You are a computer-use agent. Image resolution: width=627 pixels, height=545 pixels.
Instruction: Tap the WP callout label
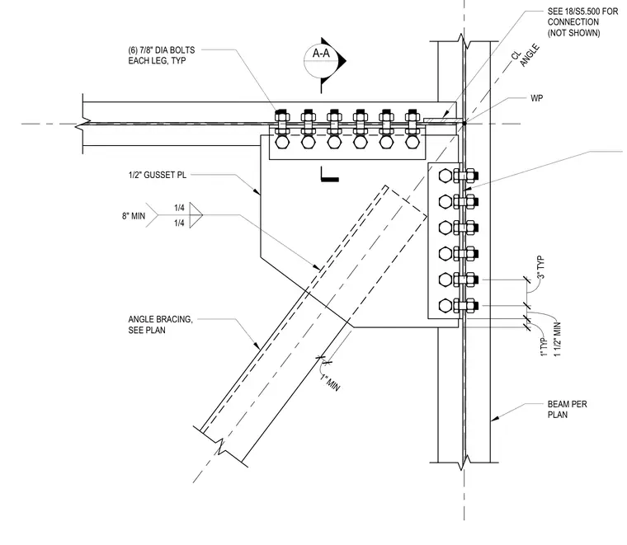point(536,98)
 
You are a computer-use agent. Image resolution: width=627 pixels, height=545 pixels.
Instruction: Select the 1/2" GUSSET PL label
point(157,175)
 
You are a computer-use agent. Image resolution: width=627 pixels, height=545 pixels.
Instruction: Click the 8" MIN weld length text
point(134,216)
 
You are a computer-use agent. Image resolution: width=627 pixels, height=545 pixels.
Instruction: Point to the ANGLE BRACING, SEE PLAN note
point(160,324)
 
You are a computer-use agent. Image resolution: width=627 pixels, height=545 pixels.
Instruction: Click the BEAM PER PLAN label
point(567,409)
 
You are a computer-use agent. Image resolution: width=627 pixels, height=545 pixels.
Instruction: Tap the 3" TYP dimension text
point(541,268)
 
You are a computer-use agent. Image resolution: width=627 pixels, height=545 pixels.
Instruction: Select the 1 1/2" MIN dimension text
point(558,340)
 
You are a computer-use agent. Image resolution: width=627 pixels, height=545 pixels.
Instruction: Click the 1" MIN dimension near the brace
point(330,383)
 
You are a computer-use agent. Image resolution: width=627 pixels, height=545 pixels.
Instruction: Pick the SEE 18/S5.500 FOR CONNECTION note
point(582,22)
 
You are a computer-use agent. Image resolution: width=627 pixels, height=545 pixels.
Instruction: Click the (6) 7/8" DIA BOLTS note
point(162,55)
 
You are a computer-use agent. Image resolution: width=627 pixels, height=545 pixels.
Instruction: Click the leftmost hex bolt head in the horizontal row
point(282,143)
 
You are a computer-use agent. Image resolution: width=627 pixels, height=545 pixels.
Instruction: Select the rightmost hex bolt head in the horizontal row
point(412,143)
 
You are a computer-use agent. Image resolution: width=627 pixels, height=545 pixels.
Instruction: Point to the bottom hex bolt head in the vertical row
point(445,306)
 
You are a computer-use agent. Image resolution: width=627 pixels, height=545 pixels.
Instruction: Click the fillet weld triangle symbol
point(196,215)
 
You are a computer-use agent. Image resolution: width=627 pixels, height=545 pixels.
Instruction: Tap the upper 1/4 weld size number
point(179,208)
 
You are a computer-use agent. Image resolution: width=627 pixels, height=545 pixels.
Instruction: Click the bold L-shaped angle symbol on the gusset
point(330,174)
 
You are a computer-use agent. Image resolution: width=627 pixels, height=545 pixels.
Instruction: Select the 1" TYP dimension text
point(544,347)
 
